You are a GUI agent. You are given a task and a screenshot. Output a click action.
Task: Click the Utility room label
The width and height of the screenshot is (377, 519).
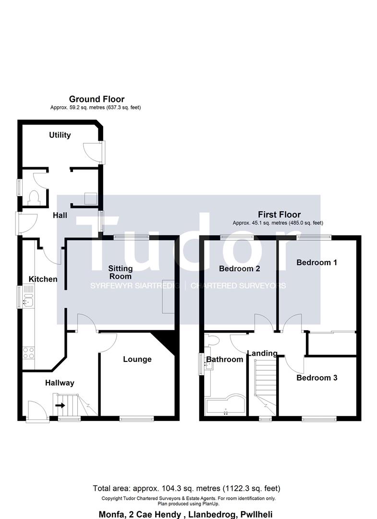coord(60,135)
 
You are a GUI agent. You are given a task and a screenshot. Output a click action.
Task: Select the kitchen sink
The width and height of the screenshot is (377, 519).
coord(29,302)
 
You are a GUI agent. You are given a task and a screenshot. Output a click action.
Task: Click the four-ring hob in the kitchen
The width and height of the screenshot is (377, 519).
coord(29,353)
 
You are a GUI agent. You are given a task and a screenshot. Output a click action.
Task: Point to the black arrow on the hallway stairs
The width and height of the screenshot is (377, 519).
coord(60,405)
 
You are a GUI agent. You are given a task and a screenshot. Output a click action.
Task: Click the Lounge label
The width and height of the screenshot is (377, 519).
coord(137,359)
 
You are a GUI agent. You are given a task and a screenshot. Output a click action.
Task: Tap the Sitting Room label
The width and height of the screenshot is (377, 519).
coord(121,272)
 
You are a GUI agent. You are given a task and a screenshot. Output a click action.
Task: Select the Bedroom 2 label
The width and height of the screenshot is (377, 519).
coord(240,269)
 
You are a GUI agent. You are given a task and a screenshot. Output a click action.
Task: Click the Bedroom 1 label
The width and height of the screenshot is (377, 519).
coord(316,262)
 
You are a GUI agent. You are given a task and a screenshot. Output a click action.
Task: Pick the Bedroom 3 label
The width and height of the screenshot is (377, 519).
coord(317,378)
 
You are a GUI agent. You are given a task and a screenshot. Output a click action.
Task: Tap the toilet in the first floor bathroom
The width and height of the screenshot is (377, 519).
coord(212,340)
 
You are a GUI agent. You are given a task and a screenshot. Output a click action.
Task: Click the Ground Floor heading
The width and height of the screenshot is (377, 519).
coord(97,99)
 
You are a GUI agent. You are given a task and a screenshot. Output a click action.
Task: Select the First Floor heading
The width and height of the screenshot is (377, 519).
coord(279,214)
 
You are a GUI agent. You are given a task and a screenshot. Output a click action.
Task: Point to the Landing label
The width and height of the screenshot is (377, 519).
coord(263,354)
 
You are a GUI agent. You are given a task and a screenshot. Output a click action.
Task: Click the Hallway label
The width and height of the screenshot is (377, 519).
coord(60,383)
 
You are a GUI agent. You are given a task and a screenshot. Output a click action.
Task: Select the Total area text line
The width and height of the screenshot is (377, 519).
coord(186,488)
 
